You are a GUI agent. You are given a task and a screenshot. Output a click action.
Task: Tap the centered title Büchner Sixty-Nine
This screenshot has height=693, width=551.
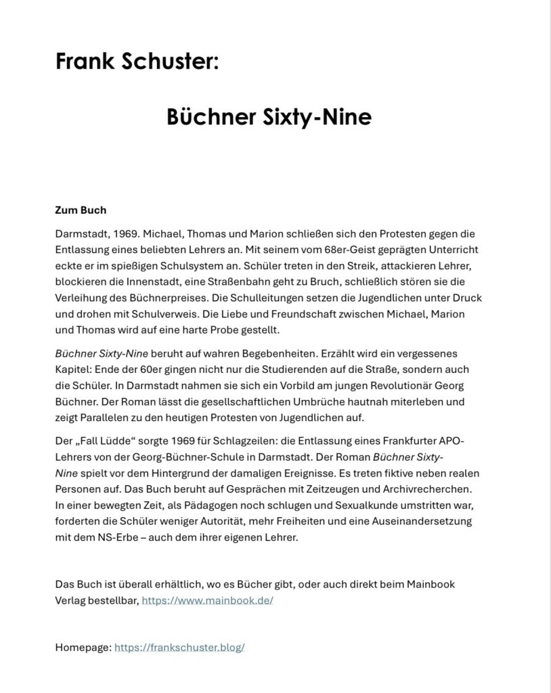coord(269,117)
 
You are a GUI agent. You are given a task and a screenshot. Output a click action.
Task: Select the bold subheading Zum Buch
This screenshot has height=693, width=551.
coord(81,210)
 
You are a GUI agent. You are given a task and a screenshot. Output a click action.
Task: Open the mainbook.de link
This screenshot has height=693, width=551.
coord(207,600)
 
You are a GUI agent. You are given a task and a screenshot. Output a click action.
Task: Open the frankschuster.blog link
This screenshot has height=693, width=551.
coord(179,647)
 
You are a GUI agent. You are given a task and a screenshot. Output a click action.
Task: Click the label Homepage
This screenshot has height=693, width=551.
coord(83,647)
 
